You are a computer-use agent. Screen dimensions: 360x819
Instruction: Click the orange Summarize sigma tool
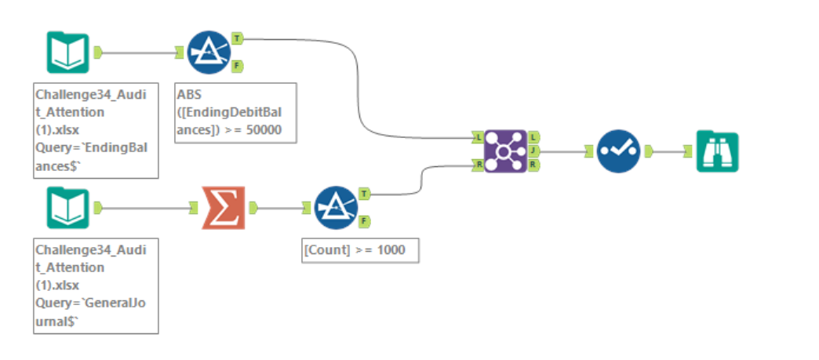point(223,208)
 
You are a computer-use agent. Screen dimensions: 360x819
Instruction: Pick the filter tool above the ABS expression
point(208,53)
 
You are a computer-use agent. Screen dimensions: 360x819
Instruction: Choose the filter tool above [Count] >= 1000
point(336,208)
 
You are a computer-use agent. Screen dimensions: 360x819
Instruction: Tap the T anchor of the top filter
point(237,38)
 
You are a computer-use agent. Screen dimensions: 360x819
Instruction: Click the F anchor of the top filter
point(237,66)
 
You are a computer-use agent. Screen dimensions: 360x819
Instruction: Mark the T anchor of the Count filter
point(365,193)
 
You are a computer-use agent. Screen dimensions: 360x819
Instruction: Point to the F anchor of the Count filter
point(365,221)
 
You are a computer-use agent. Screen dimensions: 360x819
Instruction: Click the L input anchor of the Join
point(477,137)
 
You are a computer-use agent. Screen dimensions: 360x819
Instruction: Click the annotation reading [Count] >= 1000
point(360,251)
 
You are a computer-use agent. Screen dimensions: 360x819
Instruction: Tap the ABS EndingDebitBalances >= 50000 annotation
point(236,113)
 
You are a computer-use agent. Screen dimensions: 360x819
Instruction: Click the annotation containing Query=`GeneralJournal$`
point(96,285)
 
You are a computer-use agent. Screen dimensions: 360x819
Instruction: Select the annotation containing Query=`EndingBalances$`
point(96,130)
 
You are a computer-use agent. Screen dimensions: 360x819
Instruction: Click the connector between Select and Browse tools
point(667,151)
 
